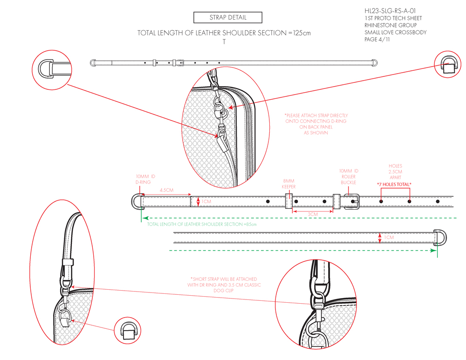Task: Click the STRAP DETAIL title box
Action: [228, 18]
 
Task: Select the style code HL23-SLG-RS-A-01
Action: [390, 11]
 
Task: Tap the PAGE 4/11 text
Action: [377, 40]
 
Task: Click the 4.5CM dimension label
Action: [166, 190]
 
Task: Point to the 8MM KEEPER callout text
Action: [289, 184]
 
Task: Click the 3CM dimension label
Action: [313, 214]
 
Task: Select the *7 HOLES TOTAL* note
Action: [394, 184]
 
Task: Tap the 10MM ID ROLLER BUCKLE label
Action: [349, 177]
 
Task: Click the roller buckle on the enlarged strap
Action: [351, 201]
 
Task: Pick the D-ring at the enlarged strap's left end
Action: [136, 201]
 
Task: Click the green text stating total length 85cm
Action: [202, 224]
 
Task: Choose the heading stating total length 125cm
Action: [224, 33]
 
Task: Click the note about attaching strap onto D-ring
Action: [316, 124]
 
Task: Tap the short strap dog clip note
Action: [224, 285]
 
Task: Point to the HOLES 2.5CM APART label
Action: [395, 171]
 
